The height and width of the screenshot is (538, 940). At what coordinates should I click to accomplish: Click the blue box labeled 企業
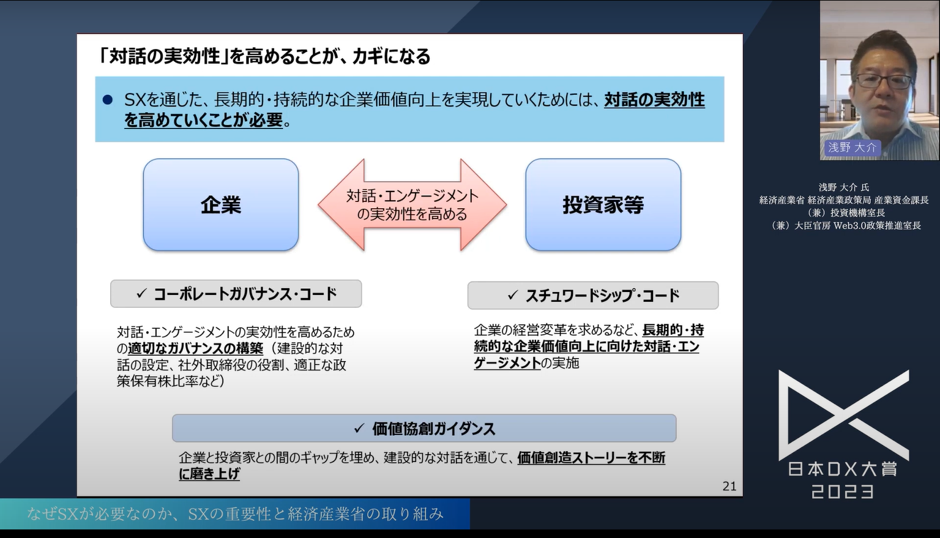pyautogui.click(x=221, y=205)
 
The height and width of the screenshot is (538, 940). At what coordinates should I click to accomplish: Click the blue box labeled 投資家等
pyautogui.click(x=603, y=205)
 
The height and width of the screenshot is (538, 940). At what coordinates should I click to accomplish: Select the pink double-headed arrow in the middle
pyautogui.click(x=412, y=205)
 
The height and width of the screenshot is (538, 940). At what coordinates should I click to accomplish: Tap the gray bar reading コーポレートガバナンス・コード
pyautogui.click(x=236, y=294)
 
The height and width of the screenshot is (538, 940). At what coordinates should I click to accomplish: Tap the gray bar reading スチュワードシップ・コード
pyautogui.click(x=592, y=296)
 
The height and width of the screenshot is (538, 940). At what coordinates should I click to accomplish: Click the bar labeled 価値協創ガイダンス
pyautogui.click(x=424, y=428)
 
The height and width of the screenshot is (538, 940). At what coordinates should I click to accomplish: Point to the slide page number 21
pyautogui.click(x=729, y=486)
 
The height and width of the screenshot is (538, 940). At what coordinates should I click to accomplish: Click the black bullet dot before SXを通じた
pyautogui.click(x=108, y=100)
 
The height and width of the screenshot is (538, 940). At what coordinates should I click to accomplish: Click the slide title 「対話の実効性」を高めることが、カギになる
pyautogui.click(x=264, y=56)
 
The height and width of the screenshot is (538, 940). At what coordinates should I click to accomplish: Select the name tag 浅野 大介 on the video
pyautogui.click(x=852, y=148)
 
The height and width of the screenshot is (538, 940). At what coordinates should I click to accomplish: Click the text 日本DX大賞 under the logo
pyautogui.click(x=843, y=469)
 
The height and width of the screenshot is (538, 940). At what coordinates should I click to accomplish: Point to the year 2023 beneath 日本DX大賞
pyautogui.click(x=843, y=491)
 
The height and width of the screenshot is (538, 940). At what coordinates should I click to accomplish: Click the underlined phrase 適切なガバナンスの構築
pyautogui.click(x=195, y=348)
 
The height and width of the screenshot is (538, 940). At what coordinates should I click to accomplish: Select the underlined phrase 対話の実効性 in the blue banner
pyautogui.click(x=654, y=100)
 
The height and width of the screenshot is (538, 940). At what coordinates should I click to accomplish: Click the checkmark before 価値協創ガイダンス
pyautogui.click(x=359, y=428)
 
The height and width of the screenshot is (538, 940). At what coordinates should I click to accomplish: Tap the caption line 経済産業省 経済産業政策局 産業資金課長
pyautogui.click(x=844, y=200)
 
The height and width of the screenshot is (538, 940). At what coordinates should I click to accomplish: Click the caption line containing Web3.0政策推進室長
pyautogui.click(x=846, y=225)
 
